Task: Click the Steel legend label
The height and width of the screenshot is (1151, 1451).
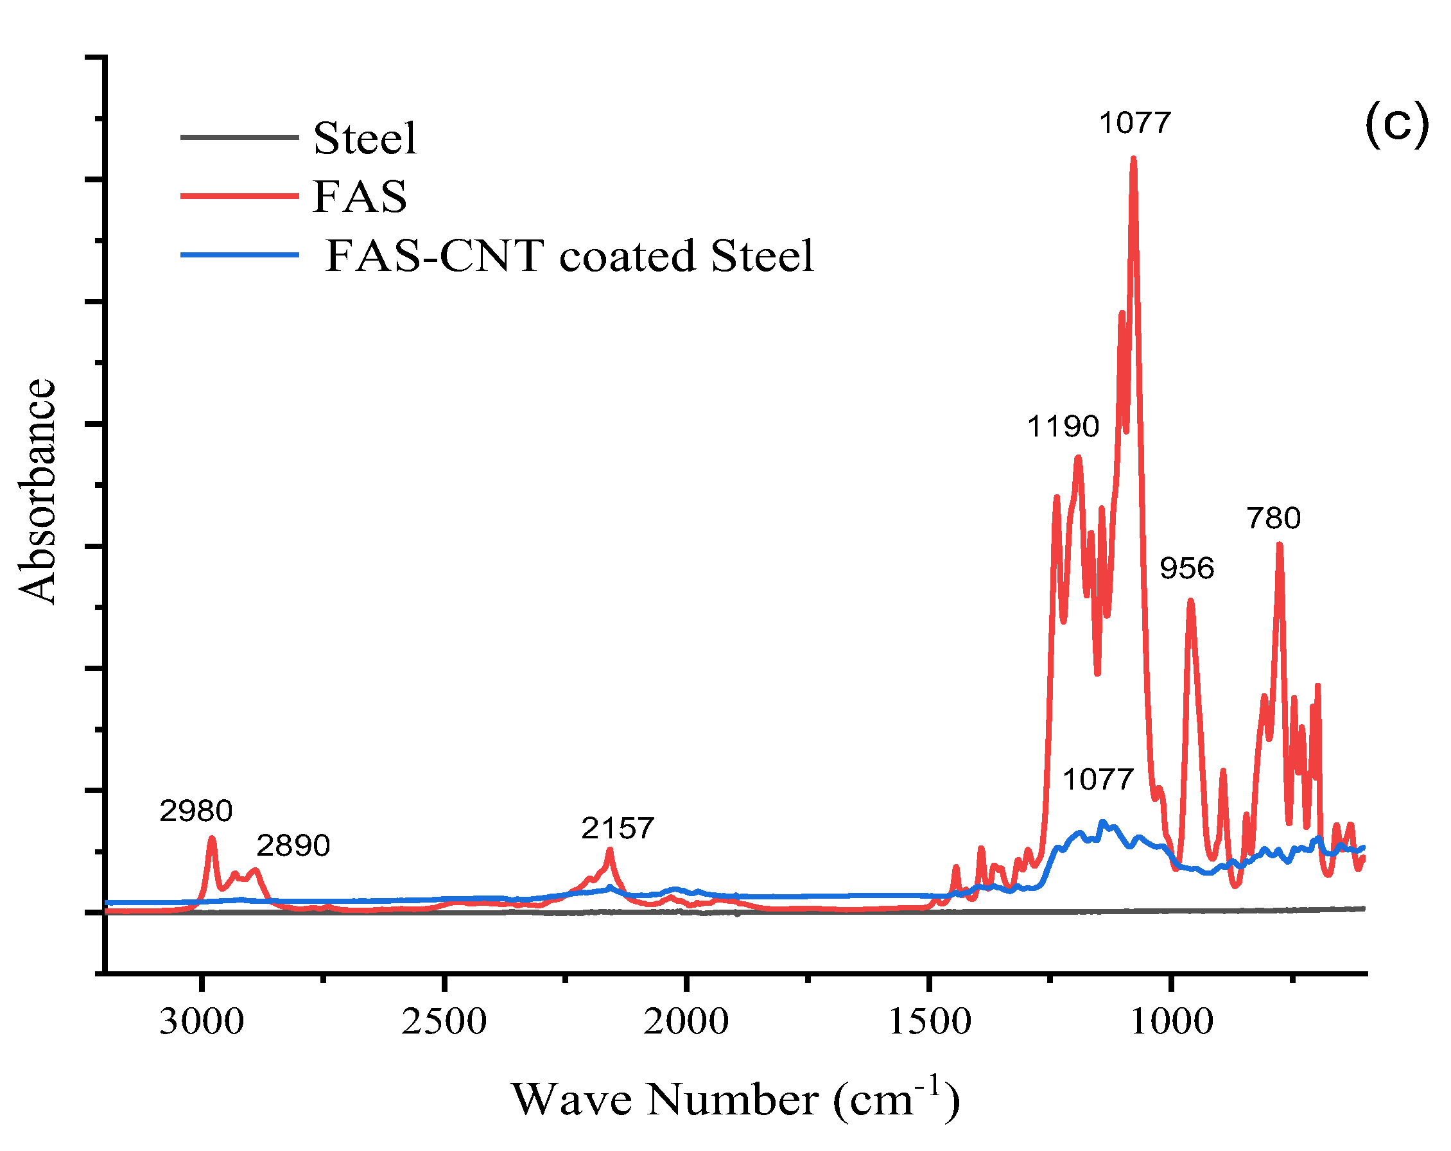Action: coord(364,139)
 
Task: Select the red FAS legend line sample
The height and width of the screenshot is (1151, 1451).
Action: coord(239,196)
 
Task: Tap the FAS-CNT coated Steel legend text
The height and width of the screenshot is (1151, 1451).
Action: coord(569,255)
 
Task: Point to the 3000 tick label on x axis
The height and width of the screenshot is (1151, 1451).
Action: coord(201,1022)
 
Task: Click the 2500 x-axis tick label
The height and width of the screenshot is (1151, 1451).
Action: coord(444,1022)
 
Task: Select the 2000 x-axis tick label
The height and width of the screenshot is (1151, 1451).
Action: coord(686,1022)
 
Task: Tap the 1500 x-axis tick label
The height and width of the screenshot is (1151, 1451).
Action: coord(930,1022)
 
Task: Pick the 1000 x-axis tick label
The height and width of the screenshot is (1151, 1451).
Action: coord(1171,1022)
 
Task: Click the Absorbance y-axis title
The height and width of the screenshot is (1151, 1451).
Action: coord(37,491)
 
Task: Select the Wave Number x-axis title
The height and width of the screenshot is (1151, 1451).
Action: coord(735,1100)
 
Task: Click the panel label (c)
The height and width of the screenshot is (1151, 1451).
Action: coord(1396,125)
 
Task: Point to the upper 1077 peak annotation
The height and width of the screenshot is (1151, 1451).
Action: coord(1134,123)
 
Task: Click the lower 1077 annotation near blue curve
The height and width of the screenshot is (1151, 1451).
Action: coord(1098,779)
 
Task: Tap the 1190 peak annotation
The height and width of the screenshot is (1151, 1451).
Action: coord(1063,426)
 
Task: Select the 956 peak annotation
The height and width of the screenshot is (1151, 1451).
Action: coord(1186,568)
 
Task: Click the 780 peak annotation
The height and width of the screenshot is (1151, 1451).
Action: coord(1273,517)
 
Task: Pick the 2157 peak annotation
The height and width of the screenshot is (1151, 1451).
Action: coord(617,828)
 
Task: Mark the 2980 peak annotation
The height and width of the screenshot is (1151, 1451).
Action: coord(196,810)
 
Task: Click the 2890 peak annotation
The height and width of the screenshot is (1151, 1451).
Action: coord(293,845)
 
